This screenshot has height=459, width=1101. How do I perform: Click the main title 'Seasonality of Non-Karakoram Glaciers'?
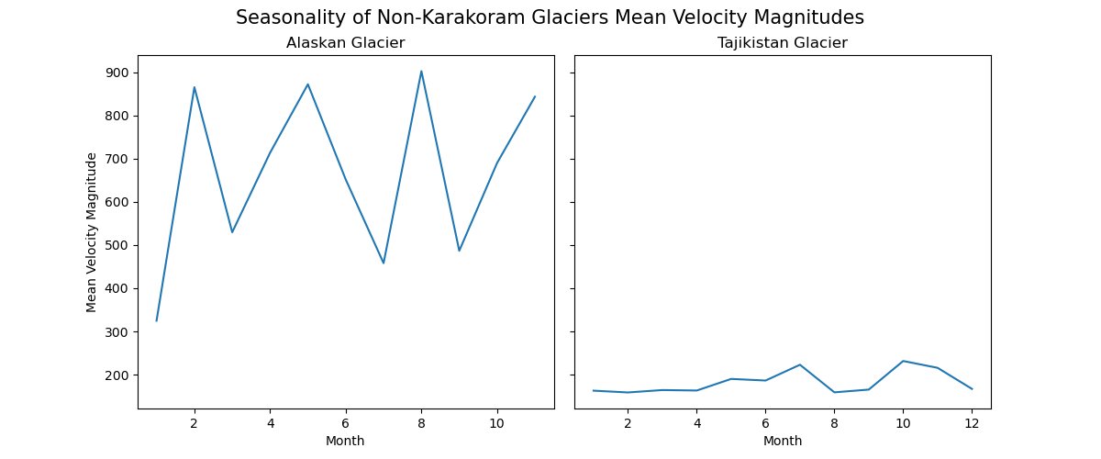click(550, 17)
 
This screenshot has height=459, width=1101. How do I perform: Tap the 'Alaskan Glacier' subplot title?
click(345, 43)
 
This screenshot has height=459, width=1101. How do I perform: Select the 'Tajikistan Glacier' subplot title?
click(782, 43)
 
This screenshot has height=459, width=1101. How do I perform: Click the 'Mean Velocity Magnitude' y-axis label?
click(92, 232)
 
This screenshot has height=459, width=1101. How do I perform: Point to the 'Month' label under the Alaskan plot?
click(345, 441)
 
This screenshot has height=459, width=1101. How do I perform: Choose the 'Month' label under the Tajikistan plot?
click(782, 441)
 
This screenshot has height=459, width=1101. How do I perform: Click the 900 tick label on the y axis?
click(118, 73)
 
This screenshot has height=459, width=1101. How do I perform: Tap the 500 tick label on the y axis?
click(118, 245)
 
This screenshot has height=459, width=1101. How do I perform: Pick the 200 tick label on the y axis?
click(118, 375)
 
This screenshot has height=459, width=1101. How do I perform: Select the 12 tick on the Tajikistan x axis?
click(972, 422)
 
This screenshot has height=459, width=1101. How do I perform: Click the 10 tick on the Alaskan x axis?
click(496, 422)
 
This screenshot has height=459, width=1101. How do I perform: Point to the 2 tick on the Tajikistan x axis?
click(628, 422)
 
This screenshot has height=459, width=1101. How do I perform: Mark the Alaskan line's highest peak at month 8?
click(421, 72)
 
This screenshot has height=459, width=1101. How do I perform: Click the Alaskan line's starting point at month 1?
click(157, 320)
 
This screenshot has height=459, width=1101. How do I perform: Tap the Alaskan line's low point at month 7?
click(384, 263)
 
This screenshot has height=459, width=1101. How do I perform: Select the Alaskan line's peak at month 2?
click(195, 87)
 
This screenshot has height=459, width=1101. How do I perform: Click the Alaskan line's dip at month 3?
click(232, 232)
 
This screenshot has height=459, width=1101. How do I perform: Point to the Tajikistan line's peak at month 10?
click(903, 361)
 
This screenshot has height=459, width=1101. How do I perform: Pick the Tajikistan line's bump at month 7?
click(800, 364)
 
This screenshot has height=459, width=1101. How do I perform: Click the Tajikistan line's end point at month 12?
click(972, 389)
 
